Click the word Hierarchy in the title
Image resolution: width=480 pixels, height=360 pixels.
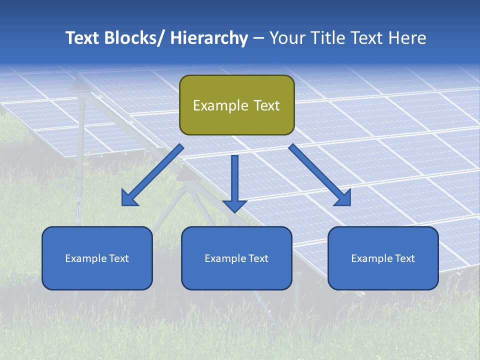click(x=209, y=38)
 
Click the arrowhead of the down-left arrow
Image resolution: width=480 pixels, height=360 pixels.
click(x=130, y=198)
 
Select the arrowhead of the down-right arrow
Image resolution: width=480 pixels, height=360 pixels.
click(x=342, y=198)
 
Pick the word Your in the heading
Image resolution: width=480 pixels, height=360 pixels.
click(x=286, y=38)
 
